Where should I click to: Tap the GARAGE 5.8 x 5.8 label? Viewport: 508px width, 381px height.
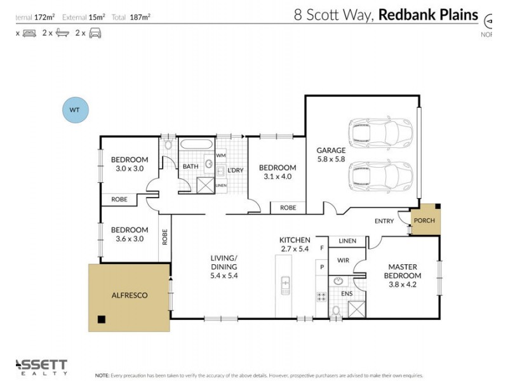click(331, 155)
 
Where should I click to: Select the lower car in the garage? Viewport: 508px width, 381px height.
click(380, 176)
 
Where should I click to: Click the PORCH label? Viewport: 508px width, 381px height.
click(424, 221)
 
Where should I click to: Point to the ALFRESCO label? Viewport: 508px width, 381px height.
click(129, 295)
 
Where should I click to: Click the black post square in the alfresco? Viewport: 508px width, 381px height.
click(100, 319)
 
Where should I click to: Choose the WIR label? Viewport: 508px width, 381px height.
click(343, 261)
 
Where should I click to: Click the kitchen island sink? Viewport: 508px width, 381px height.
click(286, 285)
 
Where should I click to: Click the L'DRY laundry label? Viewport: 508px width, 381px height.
click(236, 170)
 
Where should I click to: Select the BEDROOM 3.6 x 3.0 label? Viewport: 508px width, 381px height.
click(130, 234)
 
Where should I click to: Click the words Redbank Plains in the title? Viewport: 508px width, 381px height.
click(428, 15)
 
